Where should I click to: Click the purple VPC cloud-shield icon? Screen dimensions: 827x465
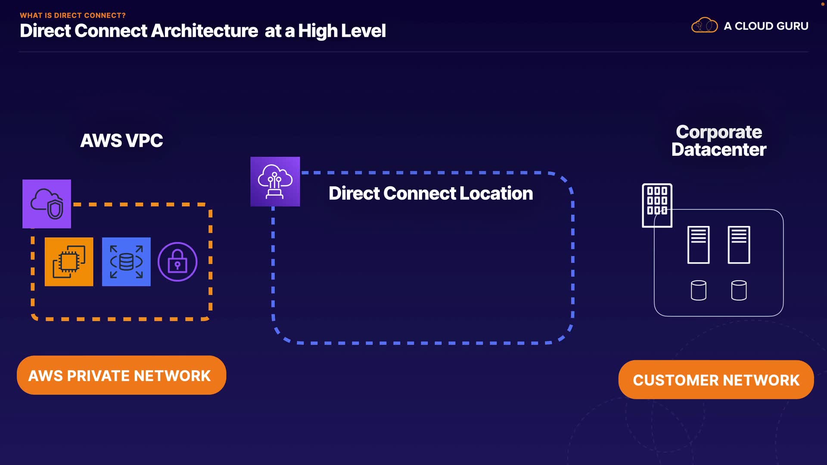pyautogui.click(x=47, y=204)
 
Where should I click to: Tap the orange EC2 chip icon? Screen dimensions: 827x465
pyautogui.click(x=69, y=262)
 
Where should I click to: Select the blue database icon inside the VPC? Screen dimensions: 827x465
pyautogui.click(x=126, y=262)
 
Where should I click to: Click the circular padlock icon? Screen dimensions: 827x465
pyautogui.click(x=177, y=262)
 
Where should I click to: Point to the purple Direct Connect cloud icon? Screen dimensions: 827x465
pyautogui.click(x=275, y=181)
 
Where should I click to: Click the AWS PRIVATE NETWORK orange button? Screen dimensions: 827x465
pyautogui.click(x=121, y=375)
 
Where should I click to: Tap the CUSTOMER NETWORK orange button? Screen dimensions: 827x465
pyautogui.click(x=716, y=380)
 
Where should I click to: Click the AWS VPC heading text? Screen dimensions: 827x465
pyautogui.click(x=121, y=141)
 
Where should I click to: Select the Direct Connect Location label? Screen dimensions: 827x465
pyautogui.click(x=431, y=193)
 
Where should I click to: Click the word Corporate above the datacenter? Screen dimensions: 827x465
pyautogui.click(x=719, y=132)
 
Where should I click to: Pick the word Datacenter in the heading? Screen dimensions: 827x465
pyautogui.click(x=719, y=150)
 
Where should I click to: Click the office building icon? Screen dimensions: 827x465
pyautogui.click(x=657, y=205)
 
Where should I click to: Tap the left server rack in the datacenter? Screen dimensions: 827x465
pyautogui.click(x=698, y=245)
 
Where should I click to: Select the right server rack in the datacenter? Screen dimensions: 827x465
pyautogui.click(x=739, y=245)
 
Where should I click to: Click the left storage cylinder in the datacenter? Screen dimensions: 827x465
pyautogui.click(x=698, y=290)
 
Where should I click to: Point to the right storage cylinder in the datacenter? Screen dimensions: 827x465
pyautogui.click(x=739, y=290)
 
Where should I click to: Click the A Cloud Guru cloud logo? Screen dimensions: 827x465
pyautogui.click(x=704, y=25)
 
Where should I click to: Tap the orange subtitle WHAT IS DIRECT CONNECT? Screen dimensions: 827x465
pyautogui.click(x=73, y=15)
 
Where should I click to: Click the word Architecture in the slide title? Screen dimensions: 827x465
pyautogui.click(x=205, y=31)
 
